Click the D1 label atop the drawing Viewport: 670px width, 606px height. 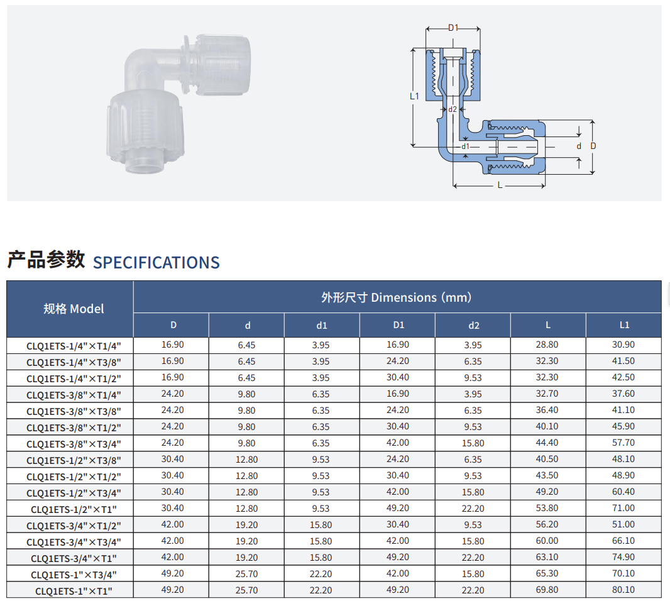[453, 28]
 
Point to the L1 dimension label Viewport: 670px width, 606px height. [414, 96]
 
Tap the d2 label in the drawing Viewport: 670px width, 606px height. [453, 109]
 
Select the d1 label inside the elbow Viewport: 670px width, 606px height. [465, 146]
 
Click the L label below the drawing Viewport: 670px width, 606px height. [500, 185]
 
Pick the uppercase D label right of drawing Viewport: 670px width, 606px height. [593, 146]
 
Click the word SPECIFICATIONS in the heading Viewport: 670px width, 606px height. [157, 262]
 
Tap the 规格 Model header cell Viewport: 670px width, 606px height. [74, 309]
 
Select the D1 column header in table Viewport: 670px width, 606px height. [398, 325]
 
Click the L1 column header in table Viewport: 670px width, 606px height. [624, 325]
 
